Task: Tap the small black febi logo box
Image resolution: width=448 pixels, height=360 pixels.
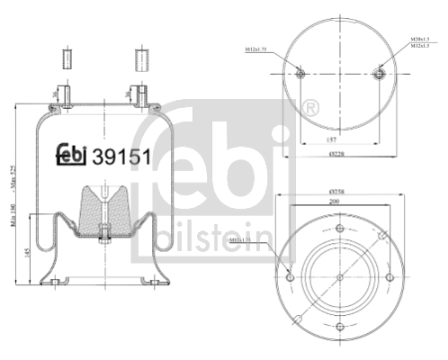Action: click(x=72, y=154)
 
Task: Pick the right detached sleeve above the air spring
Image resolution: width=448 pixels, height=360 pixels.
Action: click(x=140, y=61)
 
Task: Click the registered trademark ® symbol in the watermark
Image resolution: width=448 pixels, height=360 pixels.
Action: click(x=310, y=109)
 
